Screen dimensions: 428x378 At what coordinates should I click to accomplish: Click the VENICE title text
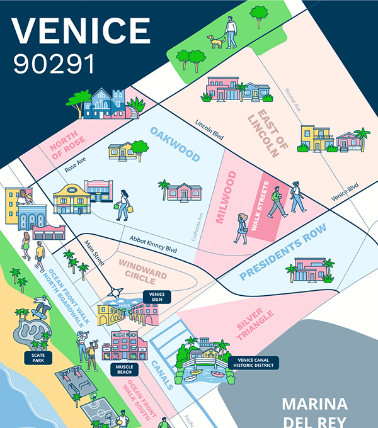coord(81,30)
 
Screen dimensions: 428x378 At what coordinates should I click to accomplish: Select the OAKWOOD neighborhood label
coord(175,144)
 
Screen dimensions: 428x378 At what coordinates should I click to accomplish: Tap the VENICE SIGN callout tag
coord(157,296)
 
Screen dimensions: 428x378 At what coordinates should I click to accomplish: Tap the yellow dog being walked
coord(216,42)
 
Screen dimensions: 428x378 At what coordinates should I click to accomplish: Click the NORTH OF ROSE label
coord(67,142)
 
